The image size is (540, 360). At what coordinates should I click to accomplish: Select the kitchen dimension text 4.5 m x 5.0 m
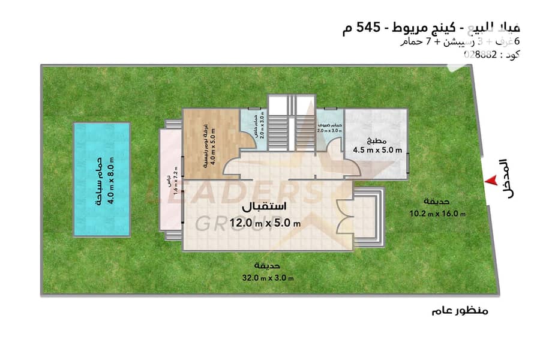377,150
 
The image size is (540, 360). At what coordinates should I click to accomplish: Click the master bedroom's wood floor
207,141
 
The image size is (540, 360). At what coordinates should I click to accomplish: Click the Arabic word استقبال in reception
264,207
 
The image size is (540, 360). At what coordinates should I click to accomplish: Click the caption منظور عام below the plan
460,311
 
